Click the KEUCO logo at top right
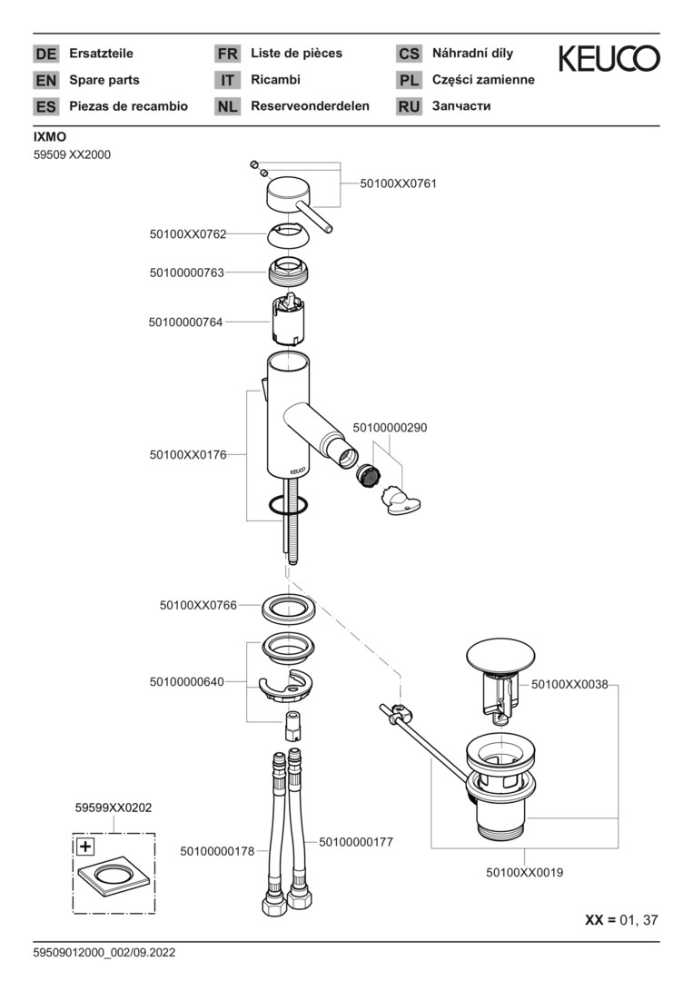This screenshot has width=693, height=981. tap(609, 59)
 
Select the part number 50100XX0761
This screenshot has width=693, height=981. tap(398, 183)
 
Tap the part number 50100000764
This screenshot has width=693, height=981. tap(186, 322)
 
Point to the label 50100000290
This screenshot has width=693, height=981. tap(390, 427)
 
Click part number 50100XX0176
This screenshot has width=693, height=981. tap(188, 454)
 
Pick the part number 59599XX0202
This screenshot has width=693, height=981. tap(114, 807)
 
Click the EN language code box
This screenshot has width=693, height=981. tap(45, 80)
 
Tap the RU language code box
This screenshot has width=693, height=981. tap(409, 106)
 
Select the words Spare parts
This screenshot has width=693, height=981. tap(104, 80)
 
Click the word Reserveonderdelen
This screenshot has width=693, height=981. tap(310, 106)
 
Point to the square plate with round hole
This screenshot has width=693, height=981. tap(114, 877)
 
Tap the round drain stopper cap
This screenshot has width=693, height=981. tap(497, 656)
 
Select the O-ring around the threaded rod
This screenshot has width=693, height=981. tap(289, 505)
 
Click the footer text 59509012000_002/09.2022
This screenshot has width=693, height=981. tap(104, 953)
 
